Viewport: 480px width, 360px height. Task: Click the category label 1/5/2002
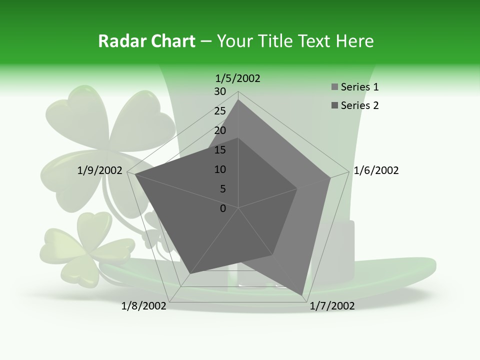pos(238,78)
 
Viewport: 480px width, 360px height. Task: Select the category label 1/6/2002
pos(376,170)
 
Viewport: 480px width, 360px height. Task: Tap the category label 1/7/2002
pos(332,306)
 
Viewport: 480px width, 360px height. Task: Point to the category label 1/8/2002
pos(144,306)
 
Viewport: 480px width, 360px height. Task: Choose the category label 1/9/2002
pos(100,170)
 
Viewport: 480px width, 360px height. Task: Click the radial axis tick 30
pos(220,91)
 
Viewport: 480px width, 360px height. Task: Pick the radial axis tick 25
pos(220,111)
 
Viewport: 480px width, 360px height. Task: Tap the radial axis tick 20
pos(220,130)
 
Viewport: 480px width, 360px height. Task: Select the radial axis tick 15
pos(220,150)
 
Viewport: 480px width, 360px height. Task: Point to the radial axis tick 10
pos(220,169)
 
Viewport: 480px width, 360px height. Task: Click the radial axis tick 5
pos(223,189)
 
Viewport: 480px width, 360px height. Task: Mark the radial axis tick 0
pos(223,208)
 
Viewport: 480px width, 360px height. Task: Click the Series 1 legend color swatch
pos(334,87)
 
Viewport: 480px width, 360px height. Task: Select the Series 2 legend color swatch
pos(334,105)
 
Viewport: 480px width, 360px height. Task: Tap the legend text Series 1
pos(359,87)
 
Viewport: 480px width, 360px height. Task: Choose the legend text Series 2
pos(359,105)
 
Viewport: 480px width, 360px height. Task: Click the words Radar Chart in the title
pos(146,41)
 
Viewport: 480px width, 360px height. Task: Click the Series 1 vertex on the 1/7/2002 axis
pos(303,294)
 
